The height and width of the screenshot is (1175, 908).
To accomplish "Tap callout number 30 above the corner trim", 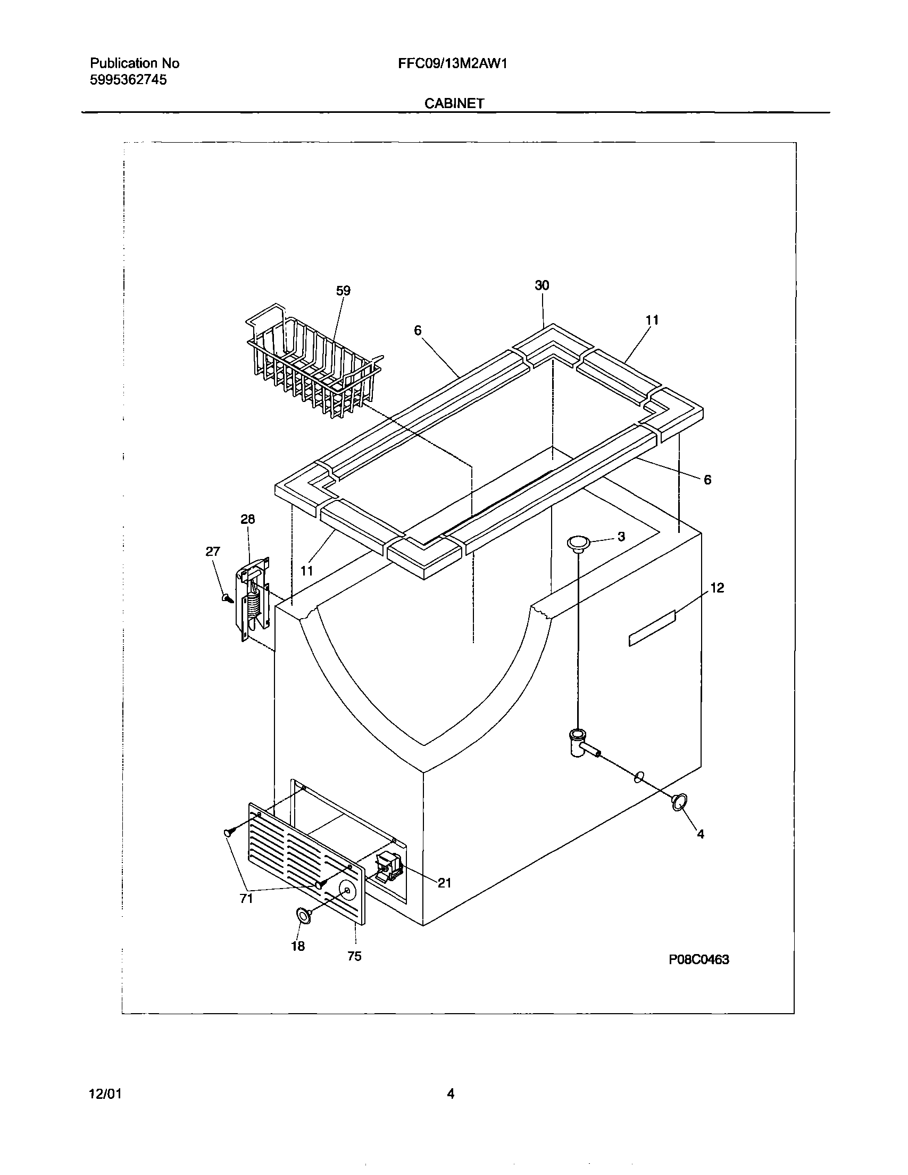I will (542, 286).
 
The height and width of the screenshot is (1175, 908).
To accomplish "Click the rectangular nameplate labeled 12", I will (652, 628).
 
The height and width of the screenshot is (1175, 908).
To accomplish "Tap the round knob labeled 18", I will (305, 915).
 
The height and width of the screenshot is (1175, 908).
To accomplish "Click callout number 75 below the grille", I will (354, 956).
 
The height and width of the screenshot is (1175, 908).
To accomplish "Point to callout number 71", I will (246, 899).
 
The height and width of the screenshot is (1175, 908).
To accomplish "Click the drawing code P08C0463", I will (698, 959).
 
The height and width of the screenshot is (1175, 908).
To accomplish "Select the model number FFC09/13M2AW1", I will (453, 64).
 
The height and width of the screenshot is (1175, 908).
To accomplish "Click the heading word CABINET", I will (454, 103).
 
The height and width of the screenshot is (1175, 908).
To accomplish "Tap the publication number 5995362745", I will (128, 80).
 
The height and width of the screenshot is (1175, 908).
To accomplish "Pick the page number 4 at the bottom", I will (451, 1094).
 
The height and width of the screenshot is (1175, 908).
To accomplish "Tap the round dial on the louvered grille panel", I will (347, 890).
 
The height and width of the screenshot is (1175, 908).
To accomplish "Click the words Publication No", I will (135, 63).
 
